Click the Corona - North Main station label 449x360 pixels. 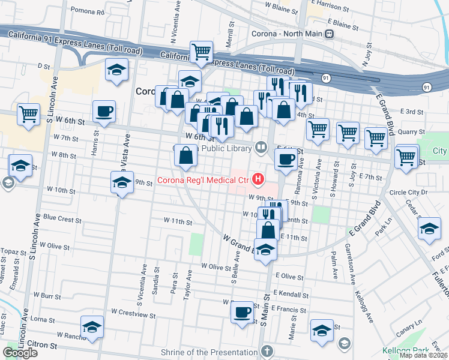click(287, 34)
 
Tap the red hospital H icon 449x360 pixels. click(259, 179)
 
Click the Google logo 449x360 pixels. click(20, 352)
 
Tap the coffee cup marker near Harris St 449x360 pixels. click(104, 112)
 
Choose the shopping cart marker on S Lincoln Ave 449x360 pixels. click(28, 114)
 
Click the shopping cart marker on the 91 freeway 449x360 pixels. click(201, 52)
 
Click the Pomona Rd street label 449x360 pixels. click(87, 11)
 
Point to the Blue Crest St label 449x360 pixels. click(62, 220)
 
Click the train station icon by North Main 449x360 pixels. click(329, 34)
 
